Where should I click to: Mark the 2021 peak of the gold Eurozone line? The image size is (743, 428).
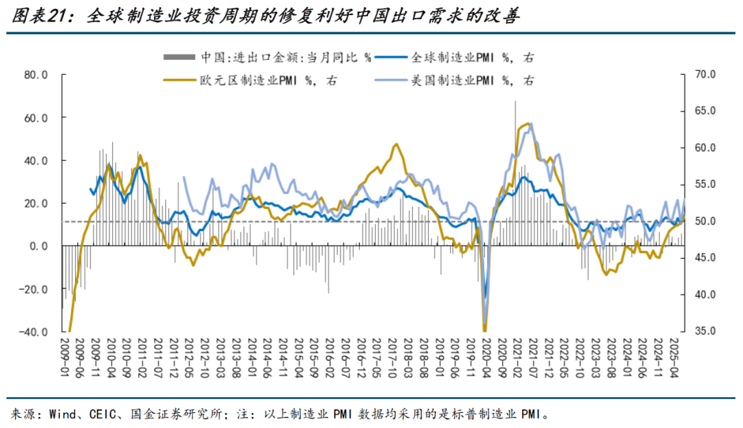coord(528,124)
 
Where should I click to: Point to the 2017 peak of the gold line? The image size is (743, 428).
coord(396,144)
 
